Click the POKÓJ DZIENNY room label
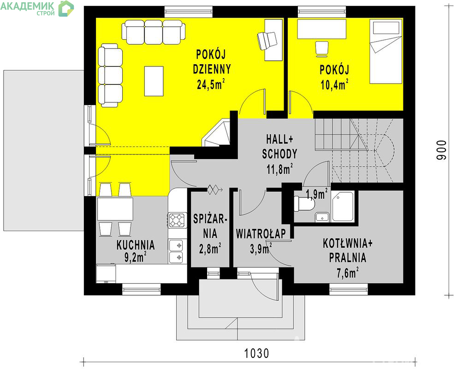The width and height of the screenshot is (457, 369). pyautogui.click(x=212, y=62)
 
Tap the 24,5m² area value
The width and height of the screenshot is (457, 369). pyautogui.click(x=211, y=84)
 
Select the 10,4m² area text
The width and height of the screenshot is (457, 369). pyautogui.click(x=335, y=84)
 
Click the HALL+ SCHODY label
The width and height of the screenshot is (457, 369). pyautogui.click(x=279, y=147)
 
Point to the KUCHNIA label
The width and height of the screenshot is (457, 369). pyautogui.click(x=136, y=245)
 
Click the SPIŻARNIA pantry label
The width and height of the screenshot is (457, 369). pyautogui.click(x=210, y=226)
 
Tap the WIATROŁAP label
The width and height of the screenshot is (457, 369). pyautogui.click(x=261, y=233)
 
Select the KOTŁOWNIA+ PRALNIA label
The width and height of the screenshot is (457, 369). pyautogui.click(x=348, y=250)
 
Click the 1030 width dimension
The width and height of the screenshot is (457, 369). pyautogui.click(x=256, y=353)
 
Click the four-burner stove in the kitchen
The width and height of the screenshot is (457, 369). pyautogui.click(x=177, y=220)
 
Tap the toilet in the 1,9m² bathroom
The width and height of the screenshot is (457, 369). pyautogui.click(x=304, y=203)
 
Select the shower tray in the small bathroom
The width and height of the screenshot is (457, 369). pyautogui.click(x=343, y=207)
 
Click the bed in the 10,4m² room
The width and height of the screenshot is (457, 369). pyautogui.click(x=386, y=51)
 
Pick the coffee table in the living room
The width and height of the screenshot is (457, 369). pyautogui.click(x=154, y=81)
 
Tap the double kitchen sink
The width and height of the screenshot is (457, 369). pyautogui.click(x=177, y=251)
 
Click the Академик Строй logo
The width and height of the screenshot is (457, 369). pyautogui.click(x=37, y=8)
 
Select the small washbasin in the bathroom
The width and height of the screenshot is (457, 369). pyautogui.click(x=322, y=217)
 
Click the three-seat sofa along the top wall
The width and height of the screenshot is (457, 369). pyautogui.click(x=154, y=32)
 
